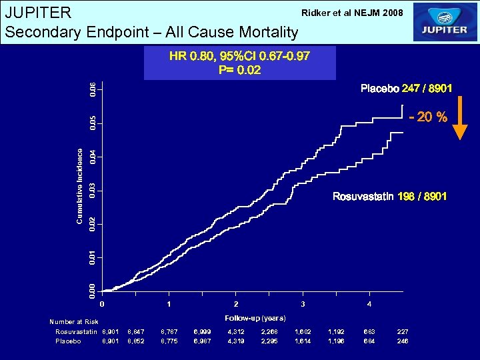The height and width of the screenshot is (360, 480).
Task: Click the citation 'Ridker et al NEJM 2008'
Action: point(352,13)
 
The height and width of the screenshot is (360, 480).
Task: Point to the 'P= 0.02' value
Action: point(239,70)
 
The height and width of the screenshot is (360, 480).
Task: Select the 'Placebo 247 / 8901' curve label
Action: point(407,88)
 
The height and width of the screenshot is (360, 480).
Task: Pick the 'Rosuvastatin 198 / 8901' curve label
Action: point(389,197)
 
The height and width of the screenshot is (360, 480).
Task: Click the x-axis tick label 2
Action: point(236,304)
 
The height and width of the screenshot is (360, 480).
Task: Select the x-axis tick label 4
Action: point(370,304)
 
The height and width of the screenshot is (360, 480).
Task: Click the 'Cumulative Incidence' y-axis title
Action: point(80,186)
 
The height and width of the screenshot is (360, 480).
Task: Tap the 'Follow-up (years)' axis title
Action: point(255,318)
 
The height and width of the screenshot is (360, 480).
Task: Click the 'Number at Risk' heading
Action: point(74,322)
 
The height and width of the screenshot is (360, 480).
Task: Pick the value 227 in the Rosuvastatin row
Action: point(403,331)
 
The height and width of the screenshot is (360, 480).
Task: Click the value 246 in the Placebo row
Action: point(403,341)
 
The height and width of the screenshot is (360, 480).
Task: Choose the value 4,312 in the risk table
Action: point(236,331)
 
